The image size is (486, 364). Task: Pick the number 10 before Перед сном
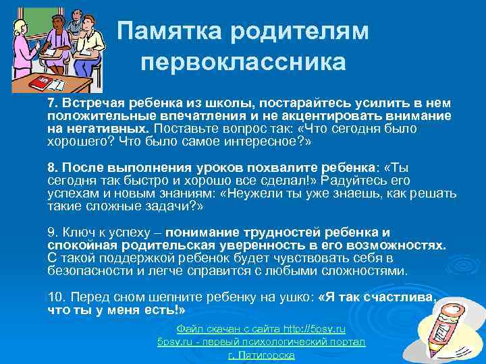53,297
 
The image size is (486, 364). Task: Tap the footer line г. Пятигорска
261,355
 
